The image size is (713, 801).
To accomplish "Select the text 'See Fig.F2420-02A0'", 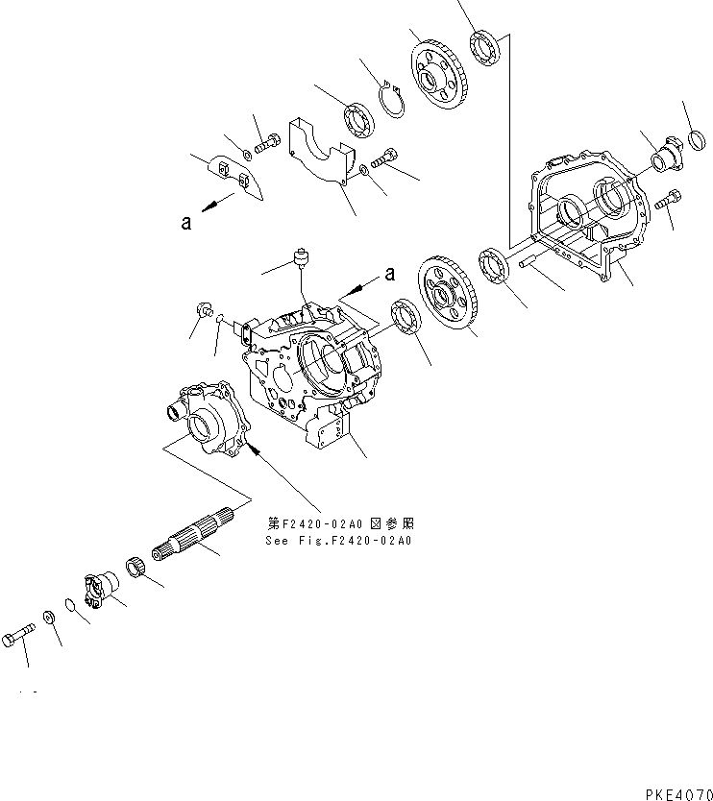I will tap(338, 541).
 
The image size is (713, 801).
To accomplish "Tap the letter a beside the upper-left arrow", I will tap(185, 222).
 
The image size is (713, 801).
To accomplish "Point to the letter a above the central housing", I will tap(389, 274).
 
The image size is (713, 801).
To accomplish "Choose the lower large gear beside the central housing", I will tap(448, 297).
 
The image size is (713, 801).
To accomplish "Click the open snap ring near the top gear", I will tap(392, 101).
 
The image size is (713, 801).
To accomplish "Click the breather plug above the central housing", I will tap(305, 257).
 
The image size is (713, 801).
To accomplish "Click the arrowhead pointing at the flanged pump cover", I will tap(252, 448).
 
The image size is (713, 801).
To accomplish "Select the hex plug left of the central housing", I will tap(204, 310).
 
